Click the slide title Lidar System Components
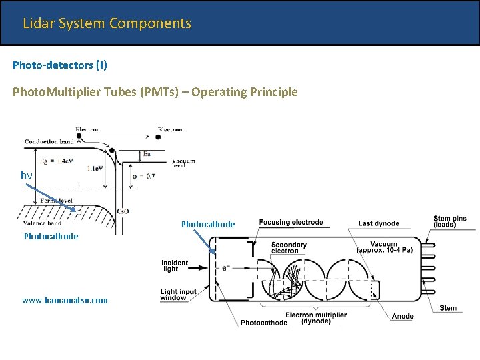pos(107,23)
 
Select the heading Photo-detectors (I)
pos(60,65)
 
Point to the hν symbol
pos(26,175)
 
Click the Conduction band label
pos(49,141)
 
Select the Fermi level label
pos(57,200)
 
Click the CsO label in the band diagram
pos(123,211)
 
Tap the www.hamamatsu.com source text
pos(65,300)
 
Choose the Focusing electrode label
pos(291,222)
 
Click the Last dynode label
pos(379,223)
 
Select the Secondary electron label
pos(289,248)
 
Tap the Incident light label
pos(175,265)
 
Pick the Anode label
pos(403,316)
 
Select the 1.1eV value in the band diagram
pos(95,169)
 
